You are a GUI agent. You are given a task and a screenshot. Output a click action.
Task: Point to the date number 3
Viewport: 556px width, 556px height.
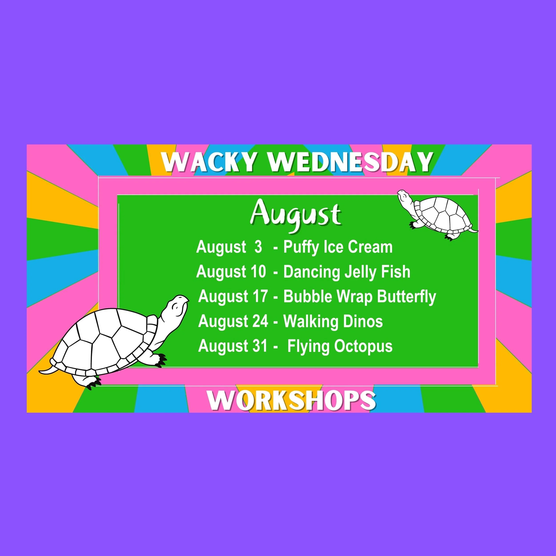258,247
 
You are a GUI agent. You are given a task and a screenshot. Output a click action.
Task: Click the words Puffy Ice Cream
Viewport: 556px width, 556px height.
338,247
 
